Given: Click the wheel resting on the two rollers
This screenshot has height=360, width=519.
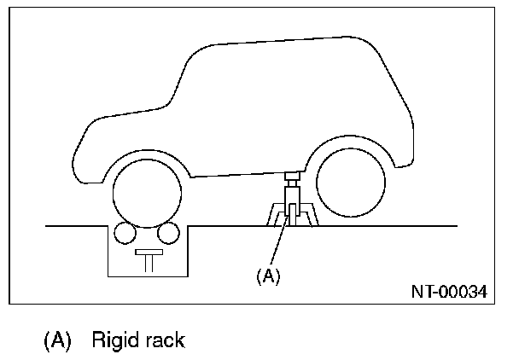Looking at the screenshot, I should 143,193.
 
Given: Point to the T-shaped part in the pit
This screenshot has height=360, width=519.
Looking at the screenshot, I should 147,259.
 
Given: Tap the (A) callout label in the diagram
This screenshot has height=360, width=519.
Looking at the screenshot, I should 267,276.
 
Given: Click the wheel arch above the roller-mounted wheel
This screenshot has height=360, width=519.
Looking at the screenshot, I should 143,156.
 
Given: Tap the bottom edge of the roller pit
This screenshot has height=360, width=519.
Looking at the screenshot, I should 147,276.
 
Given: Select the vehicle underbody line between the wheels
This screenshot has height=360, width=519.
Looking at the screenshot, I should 239,173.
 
